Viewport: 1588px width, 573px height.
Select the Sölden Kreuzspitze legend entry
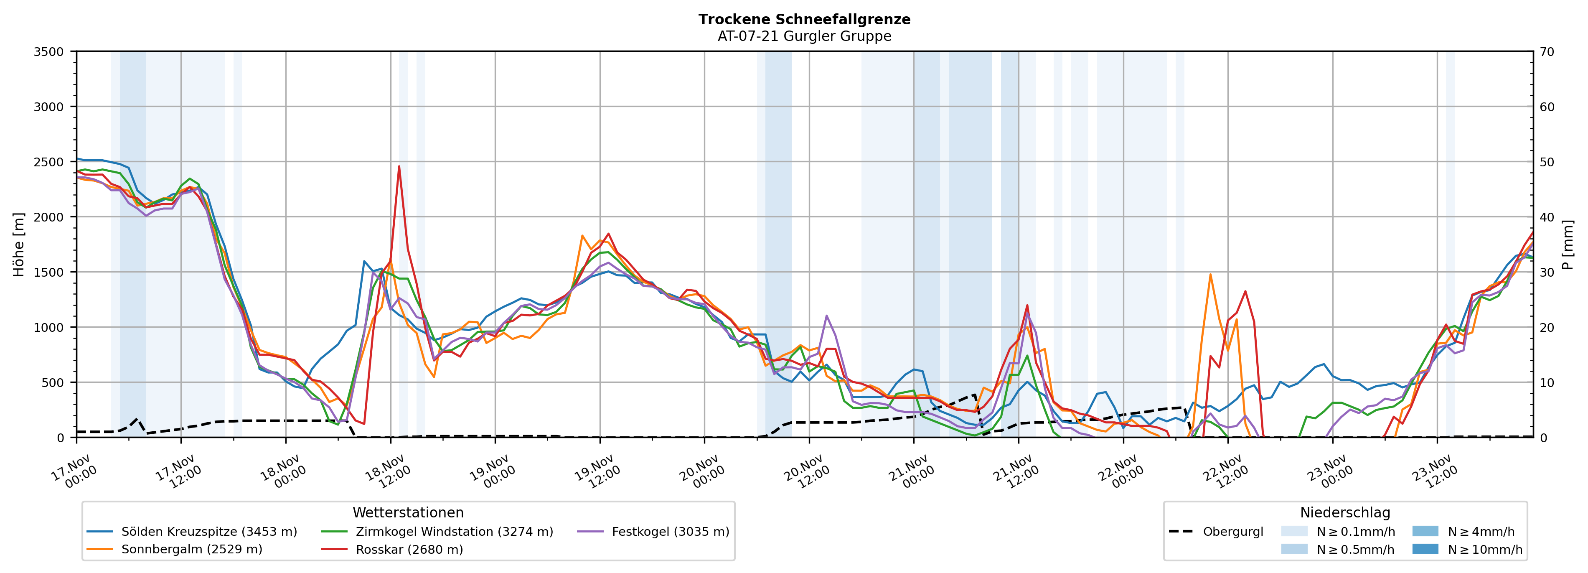[208, 532]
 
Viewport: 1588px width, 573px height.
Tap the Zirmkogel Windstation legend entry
[454, 532]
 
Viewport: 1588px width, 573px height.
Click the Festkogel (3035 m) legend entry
[670, 532]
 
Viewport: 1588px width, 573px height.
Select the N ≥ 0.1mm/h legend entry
[1355, 532]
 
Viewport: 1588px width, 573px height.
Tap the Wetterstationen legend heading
[407, 512]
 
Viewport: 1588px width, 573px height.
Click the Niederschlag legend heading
[1344, 512]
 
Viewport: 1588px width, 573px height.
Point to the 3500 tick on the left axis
[49, 52]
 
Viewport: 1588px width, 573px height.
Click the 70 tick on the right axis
[1547, 52]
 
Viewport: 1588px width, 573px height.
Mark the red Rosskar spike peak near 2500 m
[399, 166]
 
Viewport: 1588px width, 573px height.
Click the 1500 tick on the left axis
[49, 272]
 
